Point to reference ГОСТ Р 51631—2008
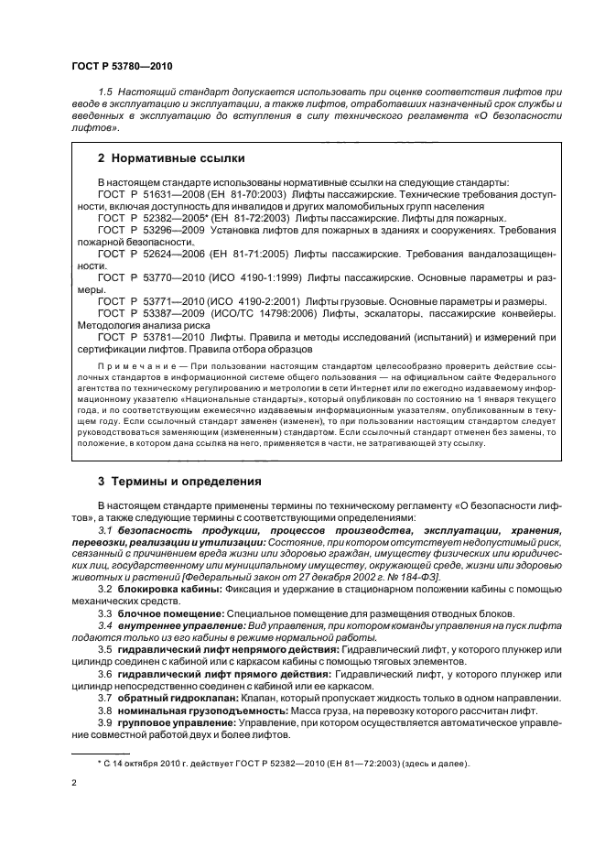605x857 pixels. coord(143,194)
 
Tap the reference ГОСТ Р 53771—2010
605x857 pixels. coord(143,301)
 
